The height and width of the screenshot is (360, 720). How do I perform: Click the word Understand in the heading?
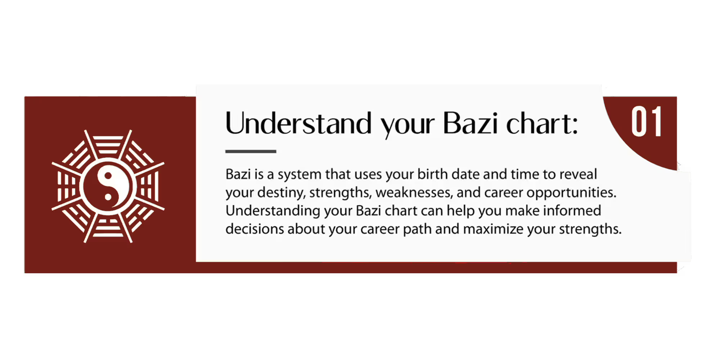(298, 123)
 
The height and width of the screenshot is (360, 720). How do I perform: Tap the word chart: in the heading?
(542, 123)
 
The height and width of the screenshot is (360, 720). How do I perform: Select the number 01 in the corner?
(647, 121)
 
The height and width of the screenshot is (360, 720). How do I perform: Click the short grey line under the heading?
(251, 152)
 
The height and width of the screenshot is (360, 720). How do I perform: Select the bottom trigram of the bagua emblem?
(108, 228)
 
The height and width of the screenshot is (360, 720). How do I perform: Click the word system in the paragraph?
(300, 175)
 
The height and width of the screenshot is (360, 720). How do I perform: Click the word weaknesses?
(414, 193)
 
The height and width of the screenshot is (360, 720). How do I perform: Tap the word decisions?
(255, 229)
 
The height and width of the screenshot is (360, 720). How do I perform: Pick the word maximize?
(493, 229)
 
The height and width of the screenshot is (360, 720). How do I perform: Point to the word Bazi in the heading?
(470, 123)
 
